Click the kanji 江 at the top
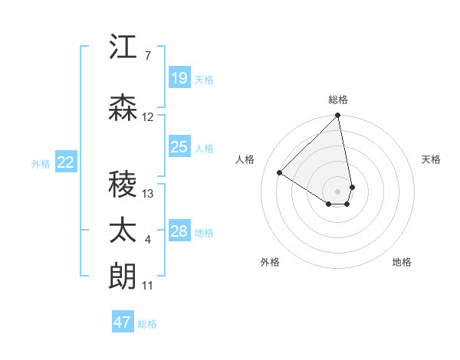[x=123, y=47]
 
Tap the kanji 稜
[x=123, y=185]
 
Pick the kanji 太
[x=123, y=231]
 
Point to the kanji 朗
[x=123, y=277]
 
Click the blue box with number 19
[x=179, y=77]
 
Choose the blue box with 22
[x=66, y=162]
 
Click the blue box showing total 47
[x=123, y=322]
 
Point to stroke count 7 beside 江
[x=147, y=56]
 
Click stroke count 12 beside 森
[x=148, y=117]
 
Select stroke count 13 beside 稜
[x=148, y=194]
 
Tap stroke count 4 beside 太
[x=147, y=240]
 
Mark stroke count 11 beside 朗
[x=148, y=286]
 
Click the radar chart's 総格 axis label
[x=338, y=100]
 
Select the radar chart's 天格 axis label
[x=432, y=159]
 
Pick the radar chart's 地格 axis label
[x=402, y=263]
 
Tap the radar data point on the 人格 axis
[x=280, y=173]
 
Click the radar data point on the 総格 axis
[x=338, y=116]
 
